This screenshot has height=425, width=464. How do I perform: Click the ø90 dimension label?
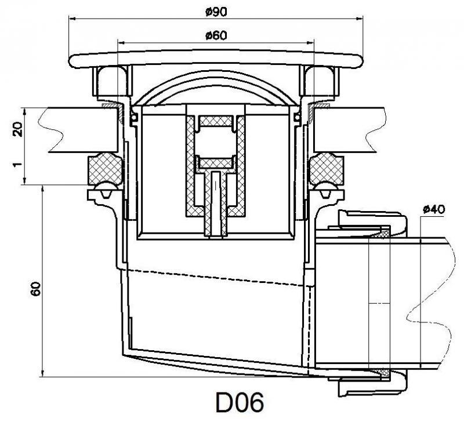(x=216, y=10)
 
